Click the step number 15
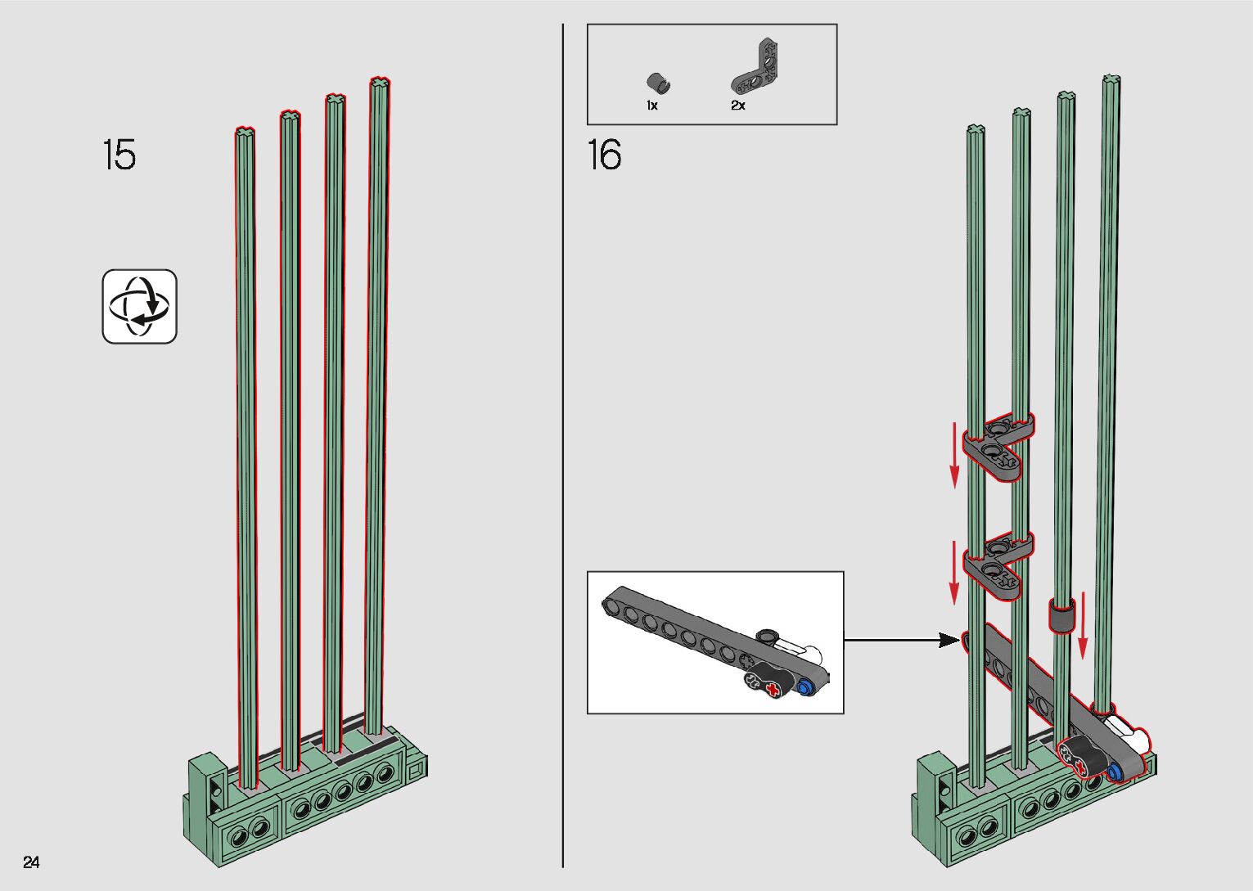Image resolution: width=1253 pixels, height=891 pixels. [x=119, y=155]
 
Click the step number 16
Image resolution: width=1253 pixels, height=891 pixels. [x=604, y=155]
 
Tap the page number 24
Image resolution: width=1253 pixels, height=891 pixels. [x=31, y=862]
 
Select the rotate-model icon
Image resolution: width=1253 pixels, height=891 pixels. [x=139, y=307]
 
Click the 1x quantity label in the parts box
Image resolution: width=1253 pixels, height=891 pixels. [x=652, y=106]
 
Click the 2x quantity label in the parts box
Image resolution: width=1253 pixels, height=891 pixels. [x=738, y=106]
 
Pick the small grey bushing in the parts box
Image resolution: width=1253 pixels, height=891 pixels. [x=658, y=83]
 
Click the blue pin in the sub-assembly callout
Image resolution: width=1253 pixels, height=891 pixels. [x=806, y=686]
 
